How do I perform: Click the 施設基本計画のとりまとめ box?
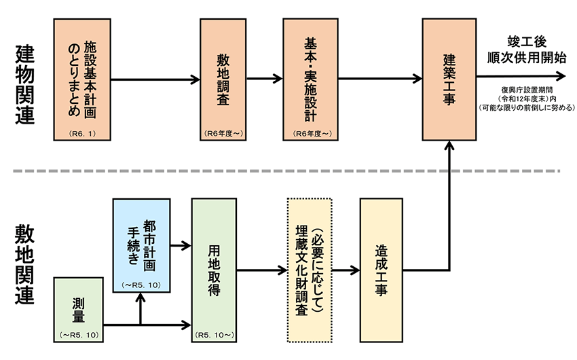click(81, 79)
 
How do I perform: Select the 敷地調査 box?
click(222, 79)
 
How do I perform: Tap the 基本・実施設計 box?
click(310, 79)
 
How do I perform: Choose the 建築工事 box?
click(449, 79)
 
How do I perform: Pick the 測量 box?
click(78, 308)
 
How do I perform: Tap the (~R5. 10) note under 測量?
click(78, 334)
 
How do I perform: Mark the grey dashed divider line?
click(285, 170)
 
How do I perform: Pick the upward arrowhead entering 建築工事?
click(449, 144)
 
